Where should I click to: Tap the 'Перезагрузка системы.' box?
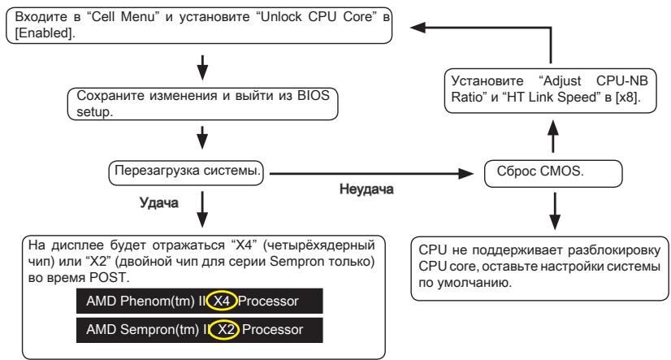coord(188,171)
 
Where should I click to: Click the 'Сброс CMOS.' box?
coord(552,172)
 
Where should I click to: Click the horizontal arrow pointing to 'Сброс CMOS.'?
coord(372,172)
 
